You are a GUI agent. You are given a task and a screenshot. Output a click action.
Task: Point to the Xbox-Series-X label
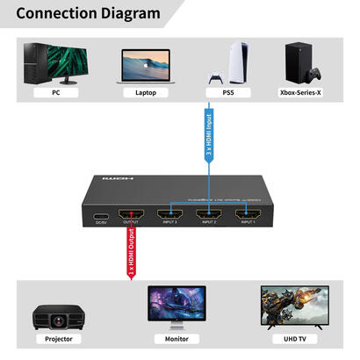tap(301, 91)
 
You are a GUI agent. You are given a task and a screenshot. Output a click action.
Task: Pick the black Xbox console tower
tap(301, 60)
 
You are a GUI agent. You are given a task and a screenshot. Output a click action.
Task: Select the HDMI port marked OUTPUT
tap(131, 213)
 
